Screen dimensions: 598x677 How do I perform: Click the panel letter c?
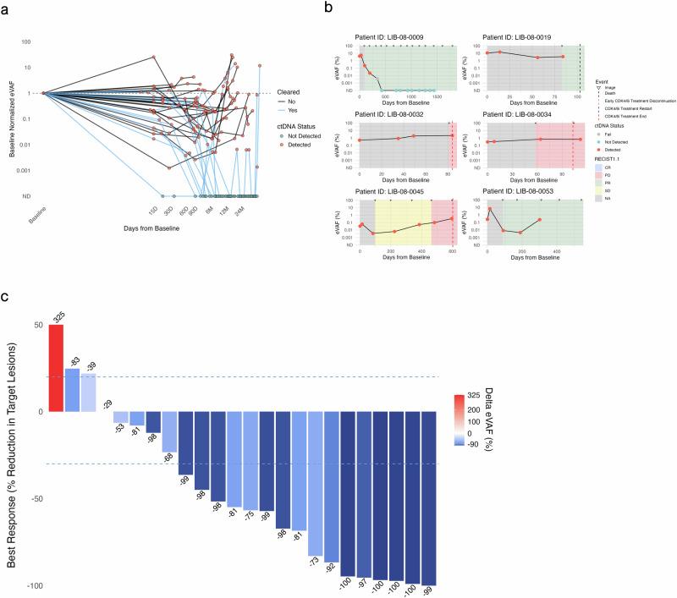[x=6, y=296]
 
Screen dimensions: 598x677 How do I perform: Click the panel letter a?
[x=6, y=7]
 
